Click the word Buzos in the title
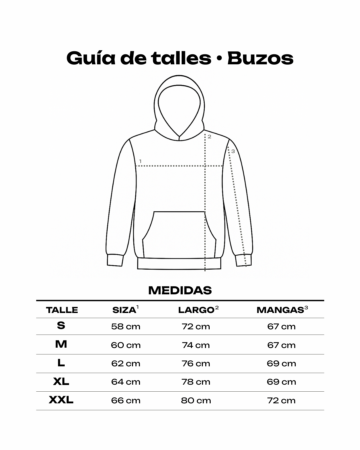tap(260, 58)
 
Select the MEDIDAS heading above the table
tap(180, 290)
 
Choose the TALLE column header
tap(62, 310)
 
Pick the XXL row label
tap(61, 400)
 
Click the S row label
tap(61, 325)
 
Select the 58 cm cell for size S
tap(126, 327)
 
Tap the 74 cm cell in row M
tap(196, 345)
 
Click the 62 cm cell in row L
tap(126, 363)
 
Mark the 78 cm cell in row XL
tap(196, 382)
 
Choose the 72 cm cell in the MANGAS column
tap(281, 400)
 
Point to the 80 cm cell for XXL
tap(196, 400)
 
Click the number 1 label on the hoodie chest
tap(140, 161)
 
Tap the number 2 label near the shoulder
tap(210, 137)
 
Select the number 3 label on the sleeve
tap(233, 151)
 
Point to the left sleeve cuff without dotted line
tap(115, 260)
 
